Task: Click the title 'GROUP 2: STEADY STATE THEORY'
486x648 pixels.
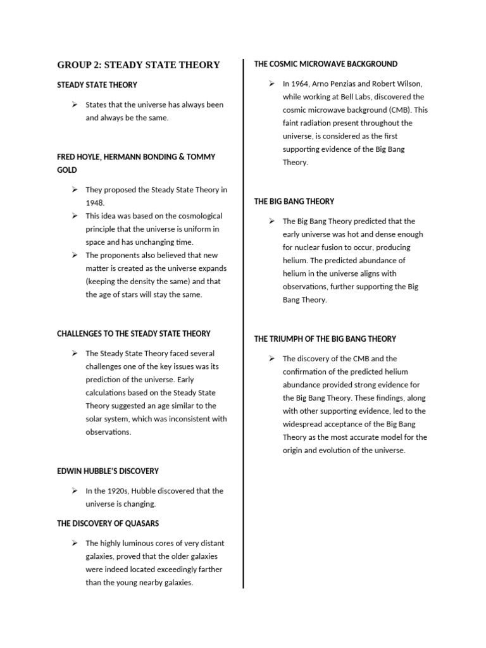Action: point(139,65)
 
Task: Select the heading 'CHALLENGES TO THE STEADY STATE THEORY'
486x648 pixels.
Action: point(134,333)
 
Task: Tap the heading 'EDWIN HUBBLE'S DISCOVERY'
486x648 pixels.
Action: point(108,471)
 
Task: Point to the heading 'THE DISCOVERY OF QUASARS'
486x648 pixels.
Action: point(108,523)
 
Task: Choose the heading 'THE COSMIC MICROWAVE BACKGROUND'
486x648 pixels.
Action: point(326,64)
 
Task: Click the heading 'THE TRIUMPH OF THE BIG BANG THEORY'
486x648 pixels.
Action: point(325,339)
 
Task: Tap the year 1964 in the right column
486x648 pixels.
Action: point(303,84)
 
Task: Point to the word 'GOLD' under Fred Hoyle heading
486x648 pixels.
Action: point(67,170)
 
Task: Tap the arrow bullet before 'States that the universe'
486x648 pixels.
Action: point(75,104)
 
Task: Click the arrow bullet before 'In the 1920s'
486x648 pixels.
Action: point(75,490)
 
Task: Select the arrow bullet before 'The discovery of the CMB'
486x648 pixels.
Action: point(272,359)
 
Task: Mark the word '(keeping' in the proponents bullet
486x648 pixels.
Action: point(101,281)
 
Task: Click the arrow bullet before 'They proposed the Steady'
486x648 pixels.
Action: point(75,189)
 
